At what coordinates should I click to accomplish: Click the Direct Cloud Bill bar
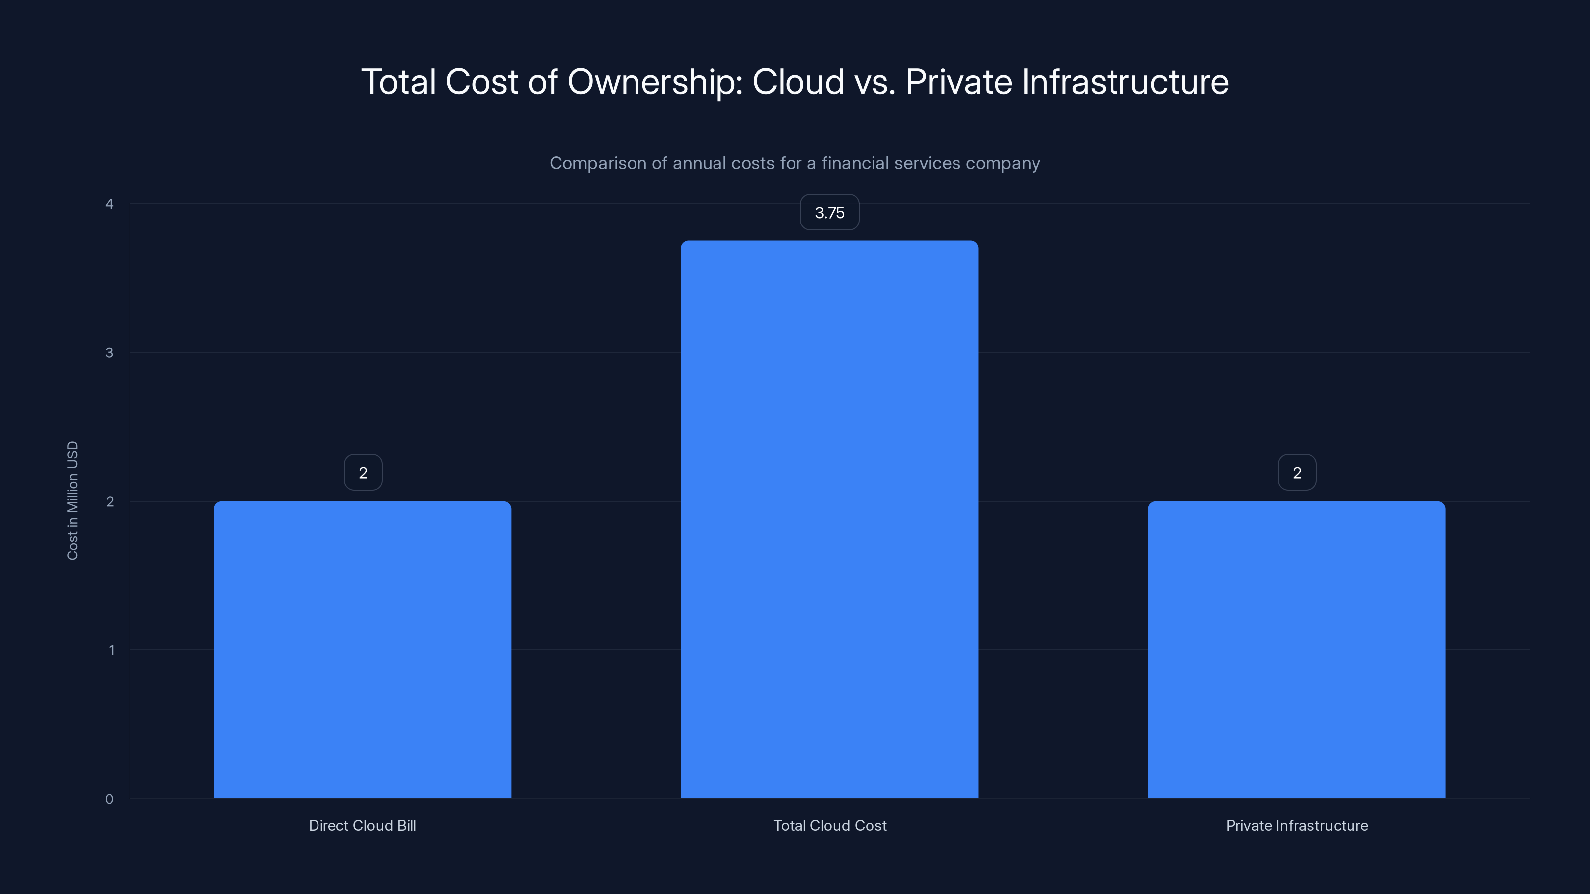point(362,649)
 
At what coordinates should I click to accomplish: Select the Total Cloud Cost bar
point(829,520)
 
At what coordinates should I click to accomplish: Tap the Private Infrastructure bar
point(1296,649)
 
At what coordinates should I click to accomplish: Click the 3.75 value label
point(829,213)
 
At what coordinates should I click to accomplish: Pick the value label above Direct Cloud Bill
point(363,473)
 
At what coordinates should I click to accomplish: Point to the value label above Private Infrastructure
point(1297,473)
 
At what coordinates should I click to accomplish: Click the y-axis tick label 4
point(109,204)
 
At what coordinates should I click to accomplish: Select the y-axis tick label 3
point(109,352)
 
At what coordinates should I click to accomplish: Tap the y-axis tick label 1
point(111,650)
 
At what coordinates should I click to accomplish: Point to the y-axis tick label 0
point(109,799)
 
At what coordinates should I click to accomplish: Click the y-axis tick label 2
point(110,501)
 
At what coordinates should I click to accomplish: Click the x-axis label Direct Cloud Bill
point(362,825)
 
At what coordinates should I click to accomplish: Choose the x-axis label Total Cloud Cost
point(830,825)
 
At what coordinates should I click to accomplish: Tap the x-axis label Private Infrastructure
point(1297,825)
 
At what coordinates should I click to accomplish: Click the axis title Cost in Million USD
point(72,500)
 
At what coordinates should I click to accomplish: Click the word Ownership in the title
point(655,82)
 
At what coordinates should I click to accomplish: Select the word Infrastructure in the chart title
point(1124,82)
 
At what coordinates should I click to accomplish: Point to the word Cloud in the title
point(797,82)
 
